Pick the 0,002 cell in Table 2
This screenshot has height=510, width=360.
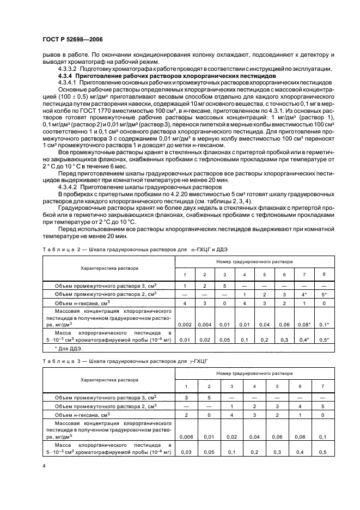(185, 324)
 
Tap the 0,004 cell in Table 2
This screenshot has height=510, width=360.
(204, 324)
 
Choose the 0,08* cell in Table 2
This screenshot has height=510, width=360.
(304, 324)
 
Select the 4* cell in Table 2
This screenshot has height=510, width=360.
(304, 294)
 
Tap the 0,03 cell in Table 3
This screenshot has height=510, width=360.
(187, 452)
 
